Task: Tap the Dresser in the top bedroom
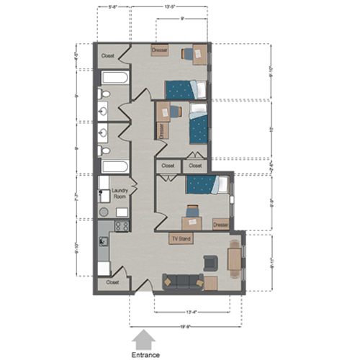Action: pos(160,50)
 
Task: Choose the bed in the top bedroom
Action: pos(185,89)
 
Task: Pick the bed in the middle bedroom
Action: pos(197,128)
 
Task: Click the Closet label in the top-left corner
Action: pos(109,55)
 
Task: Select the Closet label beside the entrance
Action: pos(113,282)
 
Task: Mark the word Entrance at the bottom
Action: pos(144,354)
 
